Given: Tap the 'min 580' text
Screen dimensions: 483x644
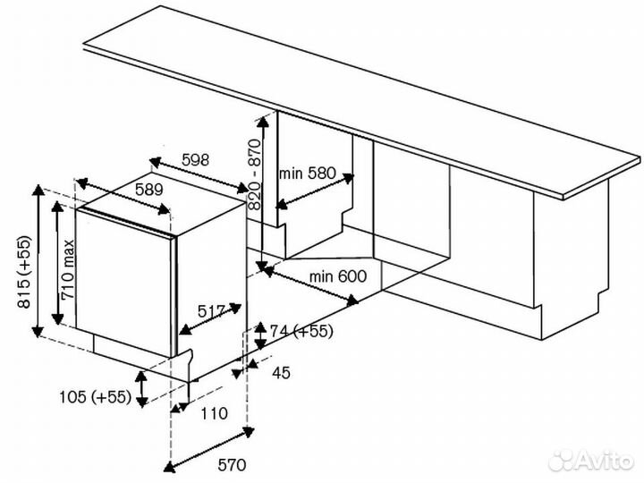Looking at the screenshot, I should point(308,173).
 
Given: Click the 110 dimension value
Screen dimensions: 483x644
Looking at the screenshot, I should point(212,413).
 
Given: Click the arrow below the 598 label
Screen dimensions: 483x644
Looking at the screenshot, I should point(198,175).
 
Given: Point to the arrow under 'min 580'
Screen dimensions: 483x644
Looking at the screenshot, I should point(314,192).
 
